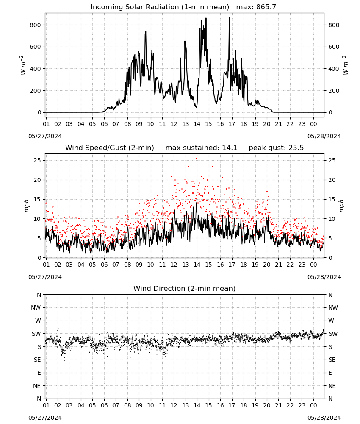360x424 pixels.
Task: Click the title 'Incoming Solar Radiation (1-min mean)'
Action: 160,7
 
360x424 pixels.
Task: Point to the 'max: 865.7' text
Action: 256,7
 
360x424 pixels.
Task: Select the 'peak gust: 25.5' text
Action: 276,148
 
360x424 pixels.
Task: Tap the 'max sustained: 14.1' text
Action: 201,148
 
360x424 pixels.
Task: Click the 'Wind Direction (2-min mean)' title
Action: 185,288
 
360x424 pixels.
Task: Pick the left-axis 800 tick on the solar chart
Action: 36,25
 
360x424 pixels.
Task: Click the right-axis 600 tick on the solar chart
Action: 334,47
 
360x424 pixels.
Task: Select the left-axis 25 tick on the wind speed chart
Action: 37,160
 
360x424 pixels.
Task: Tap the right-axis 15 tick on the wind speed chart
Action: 332,199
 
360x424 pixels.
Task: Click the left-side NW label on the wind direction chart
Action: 36,307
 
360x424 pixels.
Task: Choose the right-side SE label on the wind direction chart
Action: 332,360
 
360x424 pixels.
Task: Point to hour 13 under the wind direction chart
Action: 186,405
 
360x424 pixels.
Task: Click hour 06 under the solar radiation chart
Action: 104,124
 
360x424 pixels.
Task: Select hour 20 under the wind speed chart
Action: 267,265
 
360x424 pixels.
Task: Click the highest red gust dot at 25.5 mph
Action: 197,159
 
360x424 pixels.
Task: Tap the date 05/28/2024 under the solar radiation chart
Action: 324,136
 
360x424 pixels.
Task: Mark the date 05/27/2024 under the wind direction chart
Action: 45,418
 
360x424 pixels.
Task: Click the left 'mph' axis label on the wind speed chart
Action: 26,206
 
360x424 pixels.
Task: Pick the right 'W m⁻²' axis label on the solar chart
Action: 346,65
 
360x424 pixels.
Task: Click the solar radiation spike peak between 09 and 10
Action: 146,32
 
